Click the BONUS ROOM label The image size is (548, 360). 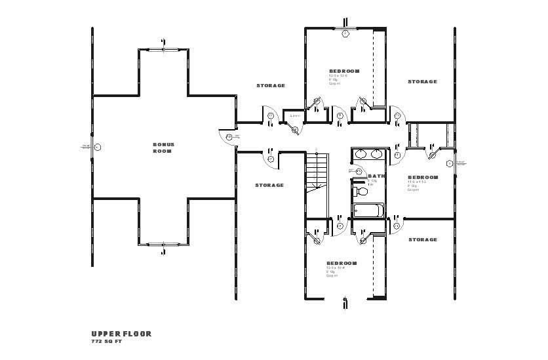[x=163, y=148]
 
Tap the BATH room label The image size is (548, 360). [x=376, y=176]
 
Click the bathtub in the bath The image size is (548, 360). [x=369, y=210]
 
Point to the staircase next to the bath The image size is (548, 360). [x=317, y=170]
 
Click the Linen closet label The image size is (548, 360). [x=295, y=116]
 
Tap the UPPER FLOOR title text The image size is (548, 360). [x=121, y=333]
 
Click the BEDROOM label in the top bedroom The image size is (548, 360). [x=344, y=71]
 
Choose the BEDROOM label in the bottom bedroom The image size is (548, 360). [x=342, y=263]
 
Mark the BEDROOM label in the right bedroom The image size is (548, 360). [x=423, y=177]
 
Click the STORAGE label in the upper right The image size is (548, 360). [x=422, y=82]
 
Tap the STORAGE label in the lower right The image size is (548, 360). [x=422, y=239]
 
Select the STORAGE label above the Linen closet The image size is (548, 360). [x=270, y=86]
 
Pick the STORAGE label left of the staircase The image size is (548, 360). [x=269, y=185]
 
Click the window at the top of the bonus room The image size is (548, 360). [x=163, y=49]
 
